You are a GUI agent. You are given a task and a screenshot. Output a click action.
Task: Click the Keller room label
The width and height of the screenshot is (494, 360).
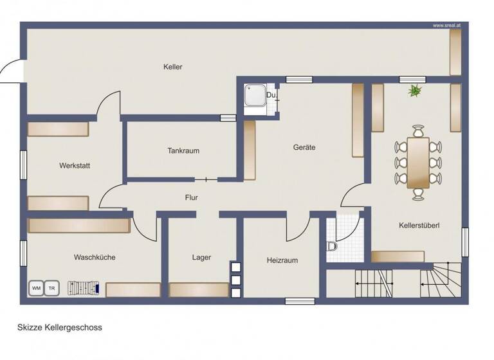172,67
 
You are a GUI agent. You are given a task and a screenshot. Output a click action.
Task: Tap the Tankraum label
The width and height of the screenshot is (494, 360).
183,151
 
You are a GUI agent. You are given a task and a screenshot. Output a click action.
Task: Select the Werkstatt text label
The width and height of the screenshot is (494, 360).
75,166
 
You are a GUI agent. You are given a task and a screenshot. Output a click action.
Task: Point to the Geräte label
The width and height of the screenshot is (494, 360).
304,147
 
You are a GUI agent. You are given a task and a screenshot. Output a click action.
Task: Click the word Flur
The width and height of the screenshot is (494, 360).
191,198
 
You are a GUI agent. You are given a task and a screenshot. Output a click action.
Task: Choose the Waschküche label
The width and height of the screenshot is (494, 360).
95,257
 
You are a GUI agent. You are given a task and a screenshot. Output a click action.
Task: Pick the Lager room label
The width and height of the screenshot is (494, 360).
201,258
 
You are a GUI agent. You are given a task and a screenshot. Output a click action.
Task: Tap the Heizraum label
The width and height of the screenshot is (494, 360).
282,260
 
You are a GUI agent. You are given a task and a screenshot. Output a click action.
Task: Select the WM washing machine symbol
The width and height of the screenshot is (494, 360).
36,288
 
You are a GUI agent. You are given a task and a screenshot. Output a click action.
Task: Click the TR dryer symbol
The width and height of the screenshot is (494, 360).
51,288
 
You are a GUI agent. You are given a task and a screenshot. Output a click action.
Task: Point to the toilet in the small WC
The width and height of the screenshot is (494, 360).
333,246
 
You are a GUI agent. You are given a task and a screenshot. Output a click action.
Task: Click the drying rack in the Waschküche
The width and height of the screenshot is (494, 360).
84,287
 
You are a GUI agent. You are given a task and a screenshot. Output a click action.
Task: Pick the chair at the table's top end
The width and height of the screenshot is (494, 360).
419,131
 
